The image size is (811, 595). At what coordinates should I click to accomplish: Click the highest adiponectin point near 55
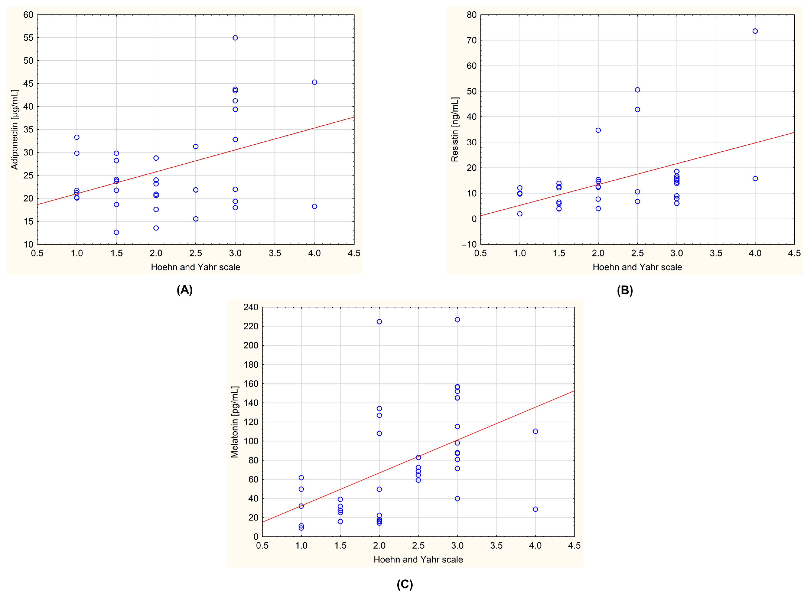click(235, 38)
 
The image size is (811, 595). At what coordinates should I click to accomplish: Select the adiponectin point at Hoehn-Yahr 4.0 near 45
click(314, 82)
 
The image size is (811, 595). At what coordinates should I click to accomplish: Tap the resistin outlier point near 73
click(755, 31)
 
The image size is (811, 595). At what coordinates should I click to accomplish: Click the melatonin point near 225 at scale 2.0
click(379, 322)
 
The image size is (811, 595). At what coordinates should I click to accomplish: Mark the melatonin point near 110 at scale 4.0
click(535, 431)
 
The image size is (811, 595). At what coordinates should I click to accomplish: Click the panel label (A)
click(184, 290)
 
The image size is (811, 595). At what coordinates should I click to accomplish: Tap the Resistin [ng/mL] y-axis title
click(455, 130)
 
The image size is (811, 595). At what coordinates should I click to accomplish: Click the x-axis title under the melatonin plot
click(418, 559)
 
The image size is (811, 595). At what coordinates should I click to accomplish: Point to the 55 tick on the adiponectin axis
click(28, 38)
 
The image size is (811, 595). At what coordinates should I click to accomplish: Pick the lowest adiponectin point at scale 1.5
click(116, 232)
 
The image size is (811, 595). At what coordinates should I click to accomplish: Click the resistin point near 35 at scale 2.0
click(598, 130)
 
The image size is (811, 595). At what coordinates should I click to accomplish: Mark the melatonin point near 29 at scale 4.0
click(535, 509)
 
